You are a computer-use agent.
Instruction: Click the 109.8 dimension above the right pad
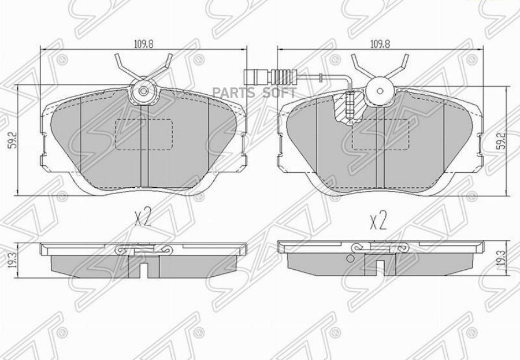(380, 44)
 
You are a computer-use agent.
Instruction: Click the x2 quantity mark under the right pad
(378, 222)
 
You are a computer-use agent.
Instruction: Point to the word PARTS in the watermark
(233, 92)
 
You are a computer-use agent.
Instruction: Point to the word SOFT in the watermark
(279, 92)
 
